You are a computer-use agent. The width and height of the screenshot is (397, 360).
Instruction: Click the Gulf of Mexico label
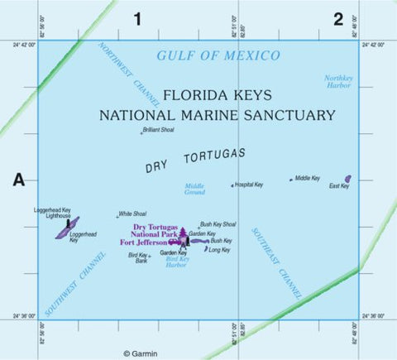click(x=218, y=55)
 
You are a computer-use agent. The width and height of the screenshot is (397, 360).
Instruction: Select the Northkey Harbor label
click(x=338, y=81)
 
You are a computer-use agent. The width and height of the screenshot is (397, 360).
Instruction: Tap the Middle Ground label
click(x=194, y=190)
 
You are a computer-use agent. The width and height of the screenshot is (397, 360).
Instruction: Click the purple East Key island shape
click(x=347, y=179)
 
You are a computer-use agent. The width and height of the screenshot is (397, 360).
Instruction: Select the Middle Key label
click(x=307, y=178)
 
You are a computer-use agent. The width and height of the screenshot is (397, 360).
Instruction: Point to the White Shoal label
click(x=132, y=214)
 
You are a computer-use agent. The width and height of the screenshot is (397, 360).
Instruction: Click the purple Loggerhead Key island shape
click(x=67, y=228)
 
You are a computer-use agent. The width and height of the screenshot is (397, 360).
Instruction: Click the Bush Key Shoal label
click(x=218, y=224)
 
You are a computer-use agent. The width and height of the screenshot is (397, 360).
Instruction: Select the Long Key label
click(x=219, y=250)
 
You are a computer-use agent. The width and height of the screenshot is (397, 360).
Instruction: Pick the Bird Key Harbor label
click(x=177, y=262)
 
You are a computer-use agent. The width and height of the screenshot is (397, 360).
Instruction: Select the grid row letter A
click(x=18, y=180)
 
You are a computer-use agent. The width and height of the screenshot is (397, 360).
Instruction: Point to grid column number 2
click(x=337, y=19)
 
